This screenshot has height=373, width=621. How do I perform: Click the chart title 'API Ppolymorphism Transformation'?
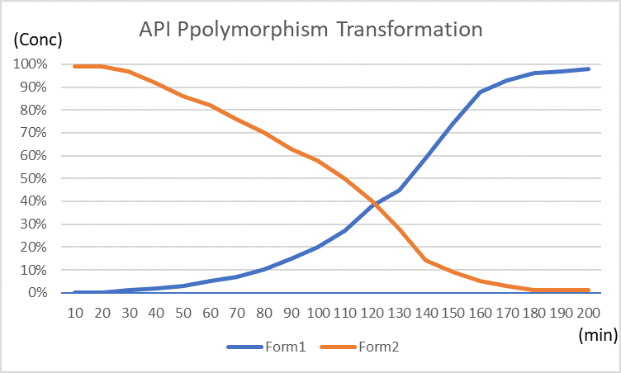pyautogui.click(x=310, y=31)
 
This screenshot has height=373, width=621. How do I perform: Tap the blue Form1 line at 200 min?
pyautogui.click(x=588, y=68)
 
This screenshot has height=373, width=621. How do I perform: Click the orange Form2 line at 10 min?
pyautogui.click(x=76, y=66)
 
